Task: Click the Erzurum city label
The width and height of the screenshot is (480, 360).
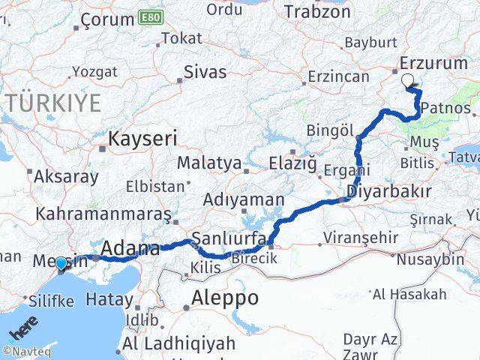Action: coord(434,64)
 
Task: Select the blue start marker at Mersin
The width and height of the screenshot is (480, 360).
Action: coord(61,264)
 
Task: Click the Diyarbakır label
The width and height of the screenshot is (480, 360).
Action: coord(388,193)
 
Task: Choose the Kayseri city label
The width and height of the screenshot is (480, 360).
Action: coord(142,138)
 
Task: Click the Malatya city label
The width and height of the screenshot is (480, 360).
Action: coord(209,163)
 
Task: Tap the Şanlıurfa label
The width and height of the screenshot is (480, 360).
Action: coord(225,238)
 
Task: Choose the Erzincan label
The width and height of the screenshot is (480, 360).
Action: coord(341,76)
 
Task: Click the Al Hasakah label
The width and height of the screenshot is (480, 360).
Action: coord(409,293)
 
